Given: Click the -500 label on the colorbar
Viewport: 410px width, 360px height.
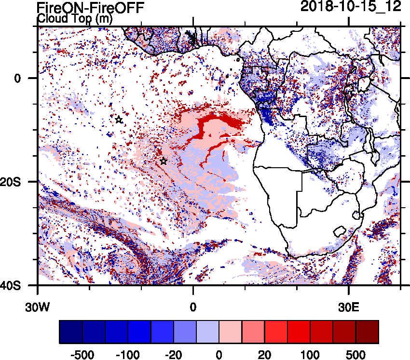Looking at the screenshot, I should [82, 355].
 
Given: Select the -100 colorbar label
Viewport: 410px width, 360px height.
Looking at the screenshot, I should [128, 355].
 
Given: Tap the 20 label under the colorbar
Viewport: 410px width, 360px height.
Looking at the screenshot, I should [264, 355].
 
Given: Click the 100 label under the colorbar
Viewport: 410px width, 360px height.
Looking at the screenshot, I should [310, 355].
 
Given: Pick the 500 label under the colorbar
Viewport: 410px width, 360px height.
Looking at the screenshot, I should [355, 355].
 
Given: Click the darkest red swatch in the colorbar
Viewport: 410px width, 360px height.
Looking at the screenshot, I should [367, 332].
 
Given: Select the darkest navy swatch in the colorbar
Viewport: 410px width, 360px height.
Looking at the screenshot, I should [71, 332].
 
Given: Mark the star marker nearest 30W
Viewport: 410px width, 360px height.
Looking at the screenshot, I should [119, 120].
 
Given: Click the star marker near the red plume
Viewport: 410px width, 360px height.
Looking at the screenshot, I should [164, 161].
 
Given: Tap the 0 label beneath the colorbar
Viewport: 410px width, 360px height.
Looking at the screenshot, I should [219, 355].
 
